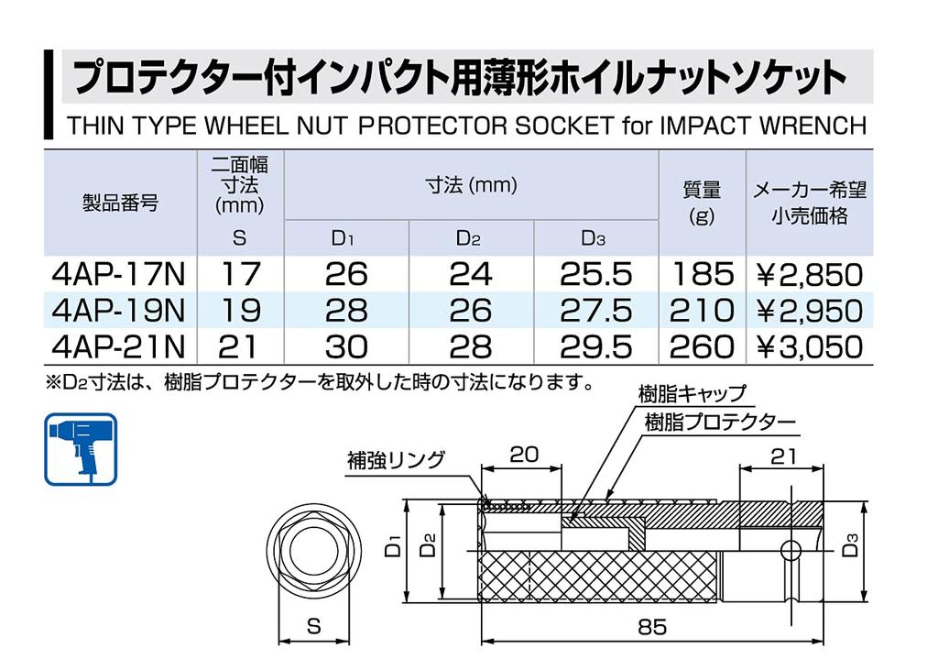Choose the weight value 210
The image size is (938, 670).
coord(703,310)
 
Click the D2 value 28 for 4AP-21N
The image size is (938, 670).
coord(470,346)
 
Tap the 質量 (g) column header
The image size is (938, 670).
coord(702,202)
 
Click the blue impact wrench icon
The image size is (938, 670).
coord(81,449)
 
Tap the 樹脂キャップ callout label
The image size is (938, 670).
coord(693,395)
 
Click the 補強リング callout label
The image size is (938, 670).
coord(395,459)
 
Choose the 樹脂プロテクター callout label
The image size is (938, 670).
coord(720,423)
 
